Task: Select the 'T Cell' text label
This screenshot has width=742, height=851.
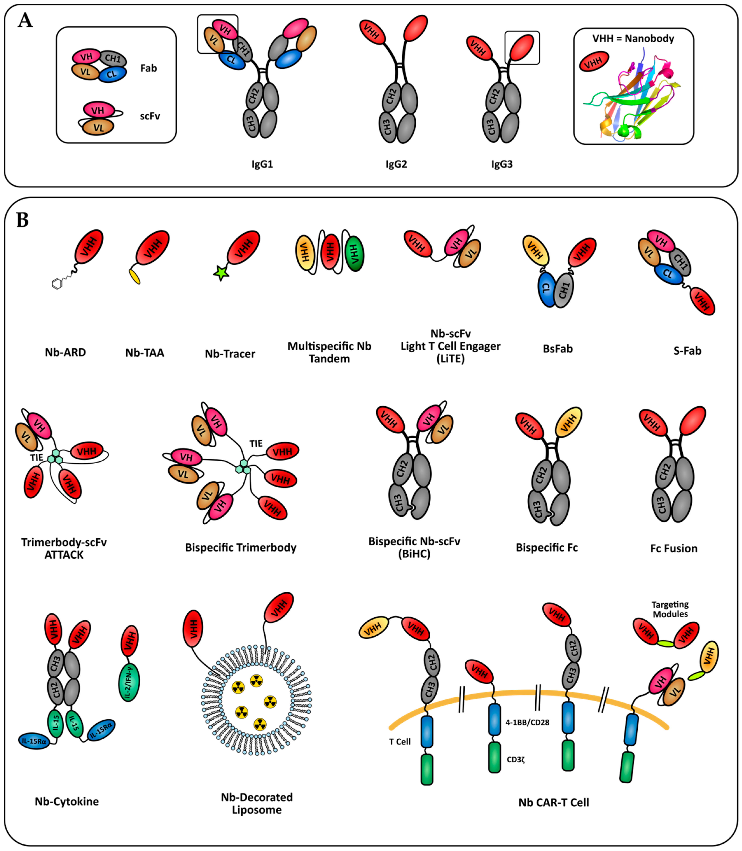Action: [399, 742]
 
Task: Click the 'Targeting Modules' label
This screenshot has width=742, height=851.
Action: [670, 609]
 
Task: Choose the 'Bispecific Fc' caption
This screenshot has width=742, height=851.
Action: [547, 548]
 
